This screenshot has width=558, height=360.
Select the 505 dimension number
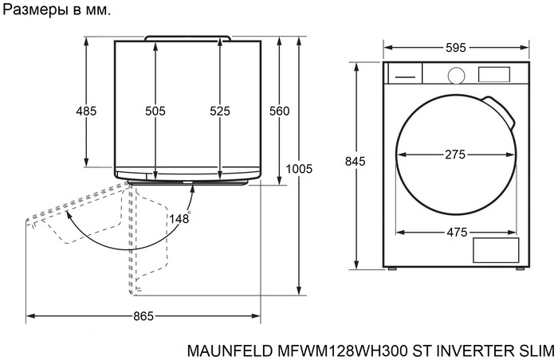point(155,112)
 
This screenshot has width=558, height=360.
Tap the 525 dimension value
point(219,112)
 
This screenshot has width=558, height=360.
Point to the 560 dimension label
point(279,112)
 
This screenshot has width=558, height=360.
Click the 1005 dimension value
point(299,169)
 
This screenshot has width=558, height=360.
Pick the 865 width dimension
point(143,316)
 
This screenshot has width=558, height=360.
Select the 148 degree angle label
point(179,219)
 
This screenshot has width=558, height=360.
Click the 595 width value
point(455,48)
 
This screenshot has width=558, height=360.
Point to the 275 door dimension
point(455,155)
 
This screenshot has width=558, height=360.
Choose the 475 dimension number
point(455,233)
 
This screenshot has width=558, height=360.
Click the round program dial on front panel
point(455,74)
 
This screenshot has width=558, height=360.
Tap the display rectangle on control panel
point(493,74)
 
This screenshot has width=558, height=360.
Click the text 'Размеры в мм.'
point(57,11)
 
